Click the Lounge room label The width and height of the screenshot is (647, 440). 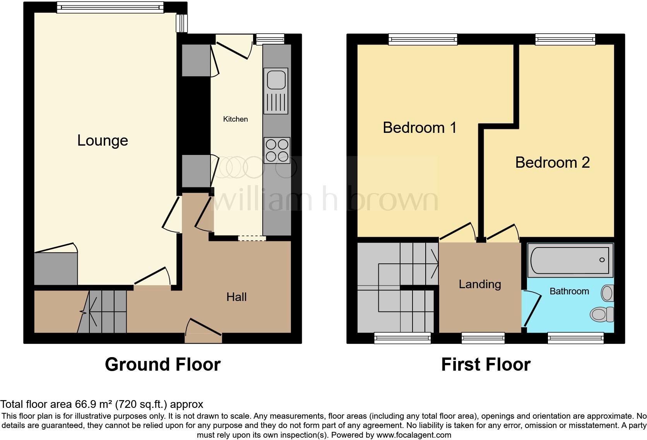coord(103,141)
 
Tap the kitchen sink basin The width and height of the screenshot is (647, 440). coord(276,80)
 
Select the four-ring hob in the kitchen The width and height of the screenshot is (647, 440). coord(277,150)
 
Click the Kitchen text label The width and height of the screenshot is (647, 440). coord(235,119)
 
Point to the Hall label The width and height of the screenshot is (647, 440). coord(236,297)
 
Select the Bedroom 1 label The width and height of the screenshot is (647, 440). coord(419,128)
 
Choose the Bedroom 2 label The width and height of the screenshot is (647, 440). coord(552,163)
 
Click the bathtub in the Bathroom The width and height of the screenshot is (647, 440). coord(570,260)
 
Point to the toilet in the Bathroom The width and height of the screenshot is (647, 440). coord(602,314)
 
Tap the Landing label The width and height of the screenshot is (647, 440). coord(480,284)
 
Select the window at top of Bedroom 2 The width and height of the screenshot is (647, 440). coord(565,39)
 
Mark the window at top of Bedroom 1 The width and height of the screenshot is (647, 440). coord(423,39)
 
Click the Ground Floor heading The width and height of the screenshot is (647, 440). coord(163,364)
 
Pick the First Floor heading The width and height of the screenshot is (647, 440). coord(486,364)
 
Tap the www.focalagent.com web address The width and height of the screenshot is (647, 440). coord(414,435)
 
